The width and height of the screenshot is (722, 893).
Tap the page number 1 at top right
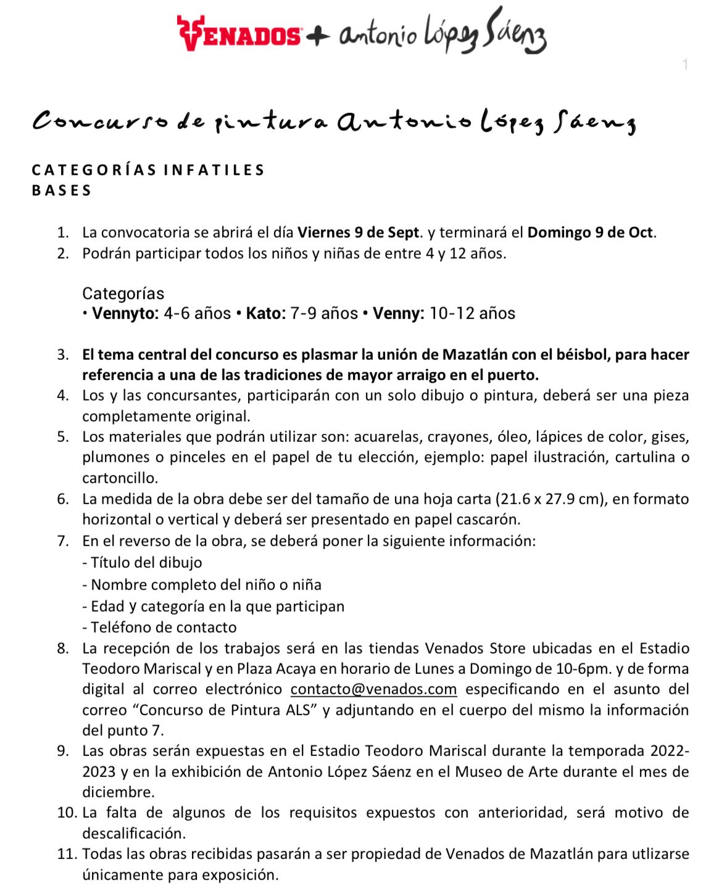pos(686,65)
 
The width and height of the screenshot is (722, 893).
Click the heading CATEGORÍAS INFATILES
pos(148,170)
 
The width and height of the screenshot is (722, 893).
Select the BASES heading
pos(62,190)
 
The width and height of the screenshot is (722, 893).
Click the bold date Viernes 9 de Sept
pos(359,233)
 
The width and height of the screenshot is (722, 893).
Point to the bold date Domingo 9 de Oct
pos(591,233)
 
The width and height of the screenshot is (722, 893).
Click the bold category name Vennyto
pos(125,314)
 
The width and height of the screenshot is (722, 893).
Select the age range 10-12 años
pos(472,314)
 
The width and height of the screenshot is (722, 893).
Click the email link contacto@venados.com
pos(373,689)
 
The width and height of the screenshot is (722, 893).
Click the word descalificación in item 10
pos(134,833)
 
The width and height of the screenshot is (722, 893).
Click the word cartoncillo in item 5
pos(119,478)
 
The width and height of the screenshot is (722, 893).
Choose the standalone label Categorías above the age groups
pos(123,293)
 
